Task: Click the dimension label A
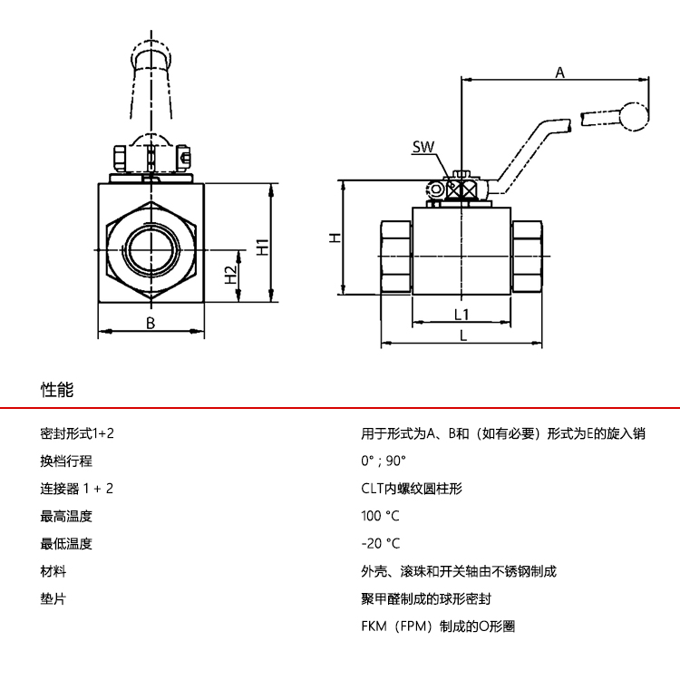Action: [559, 73]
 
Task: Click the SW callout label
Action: [423, 146]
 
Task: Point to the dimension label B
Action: [151, 323]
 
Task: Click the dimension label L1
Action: [461, 314]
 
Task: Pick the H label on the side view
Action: [335, 238]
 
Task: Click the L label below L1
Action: [462, 335]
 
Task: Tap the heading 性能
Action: [57, 391]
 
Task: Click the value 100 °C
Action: [380, 516]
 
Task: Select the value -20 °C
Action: [380, 544]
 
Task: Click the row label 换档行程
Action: [66, 461]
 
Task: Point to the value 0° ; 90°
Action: [384, 461]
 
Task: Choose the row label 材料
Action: [53, 571]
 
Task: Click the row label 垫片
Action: [53, 599]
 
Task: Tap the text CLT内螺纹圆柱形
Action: [412, 489]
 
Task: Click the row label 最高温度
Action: [66, 516]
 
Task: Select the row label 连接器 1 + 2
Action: [77, 489]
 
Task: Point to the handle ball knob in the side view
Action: [633, 116]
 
